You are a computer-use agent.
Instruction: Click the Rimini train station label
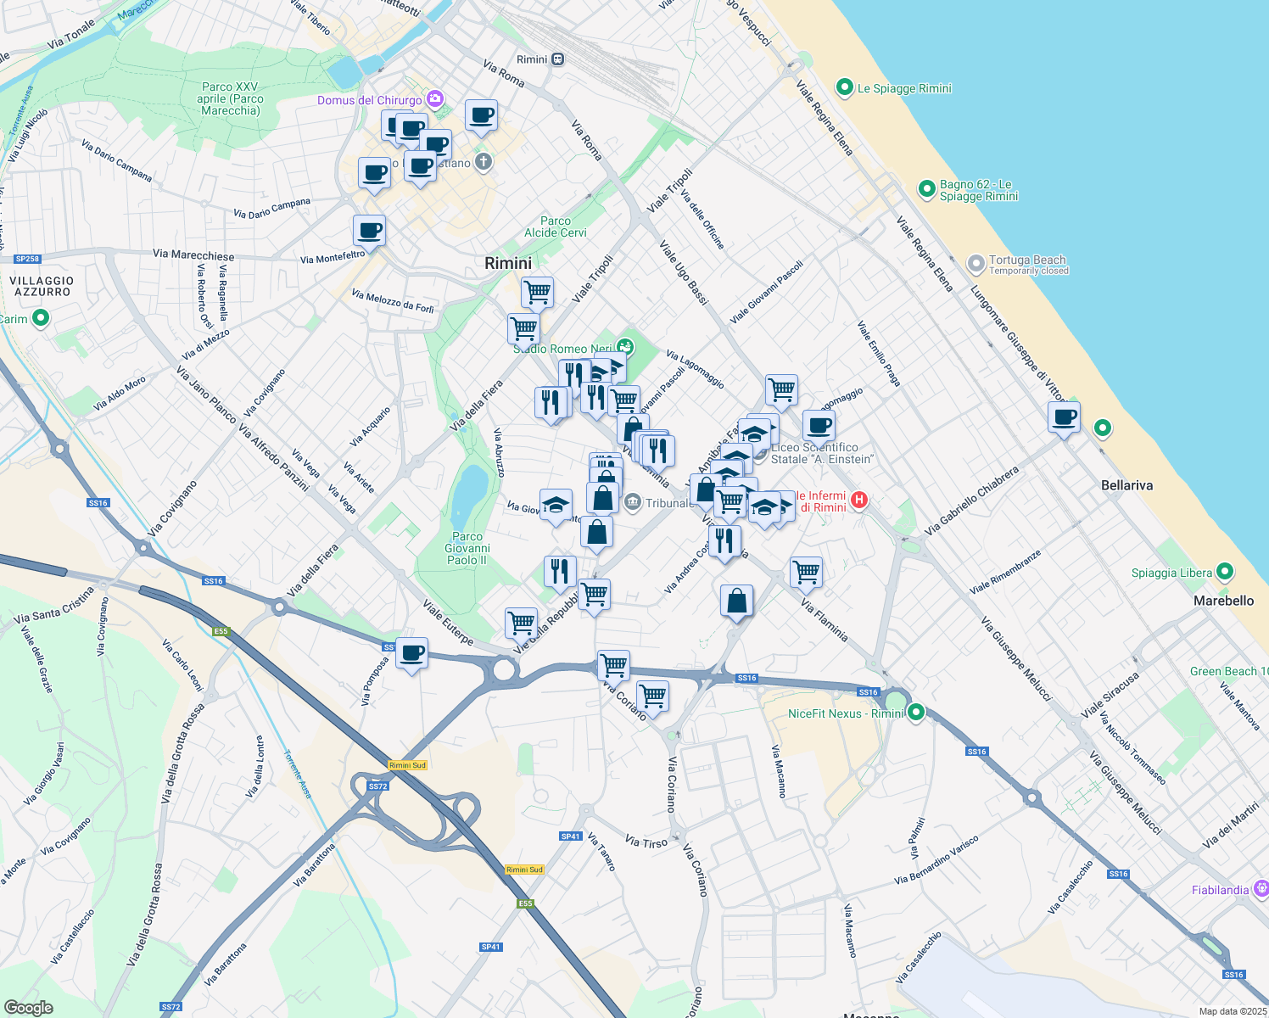point(532,59)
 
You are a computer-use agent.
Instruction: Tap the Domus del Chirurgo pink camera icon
point(435,99)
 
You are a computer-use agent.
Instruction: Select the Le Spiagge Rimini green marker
point(844,87)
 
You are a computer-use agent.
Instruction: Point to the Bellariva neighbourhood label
point(1126,485)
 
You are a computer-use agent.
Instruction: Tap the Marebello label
point(1223,601)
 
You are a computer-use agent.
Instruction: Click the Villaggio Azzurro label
point(42,286)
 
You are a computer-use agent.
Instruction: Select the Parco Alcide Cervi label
point(556,227)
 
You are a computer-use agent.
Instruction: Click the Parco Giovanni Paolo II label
point(467,548)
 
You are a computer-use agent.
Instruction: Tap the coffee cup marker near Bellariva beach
point(1064,417)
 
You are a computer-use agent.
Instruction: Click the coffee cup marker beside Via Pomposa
point(412,654)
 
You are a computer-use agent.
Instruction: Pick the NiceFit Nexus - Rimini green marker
point(915,713)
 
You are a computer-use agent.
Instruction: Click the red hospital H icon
point(859,500)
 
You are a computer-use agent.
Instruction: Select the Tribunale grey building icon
point(632,503)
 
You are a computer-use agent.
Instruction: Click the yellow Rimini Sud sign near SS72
point(407,765)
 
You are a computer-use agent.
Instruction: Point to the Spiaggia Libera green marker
point(1224,572)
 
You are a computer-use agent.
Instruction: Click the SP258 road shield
point(27,259)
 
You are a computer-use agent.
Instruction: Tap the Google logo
point(28,1007)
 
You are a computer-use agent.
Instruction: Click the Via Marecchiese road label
point(193,255)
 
